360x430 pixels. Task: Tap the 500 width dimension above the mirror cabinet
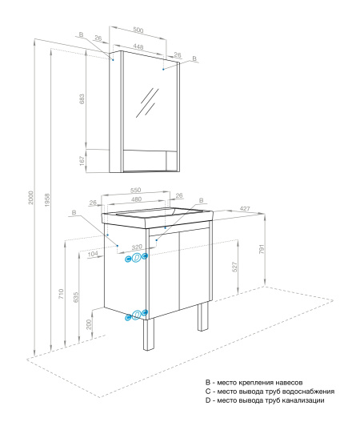click(138, 30)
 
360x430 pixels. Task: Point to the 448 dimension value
click(138, 46)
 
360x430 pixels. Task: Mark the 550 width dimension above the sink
click(137, 190)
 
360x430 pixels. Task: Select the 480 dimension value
click(137, 199)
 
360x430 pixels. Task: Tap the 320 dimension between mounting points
click(137, 248)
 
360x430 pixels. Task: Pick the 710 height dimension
click(62, 294)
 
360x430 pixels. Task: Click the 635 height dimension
click(75, 298)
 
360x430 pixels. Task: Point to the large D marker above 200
click(137, 314)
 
